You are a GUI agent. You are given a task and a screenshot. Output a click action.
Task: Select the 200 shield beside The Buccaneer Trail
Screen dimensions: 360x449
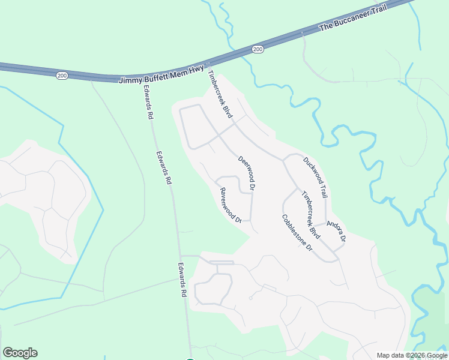(x=258, y=49)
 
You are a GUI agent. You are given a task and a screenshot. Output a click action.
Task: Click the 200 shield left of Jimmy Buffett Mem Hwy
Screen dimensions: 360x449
(x=62, y=75)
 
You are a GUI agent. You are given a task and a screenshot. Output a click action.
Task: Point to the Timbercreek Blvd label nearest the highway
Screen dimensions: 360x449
(x=219, y=94)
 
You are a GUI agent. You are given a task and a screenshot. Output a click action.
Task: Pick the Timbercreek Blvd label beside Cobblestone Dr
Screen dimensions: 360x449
(x=310, y=214)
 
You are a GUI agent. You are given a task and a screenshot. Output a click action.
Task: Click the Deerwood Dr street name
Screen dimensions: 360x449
(x=247, y=173)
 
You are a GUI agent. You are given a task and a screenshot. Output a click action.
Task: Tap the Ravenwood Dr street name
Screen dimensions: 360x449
(x=230, y=205)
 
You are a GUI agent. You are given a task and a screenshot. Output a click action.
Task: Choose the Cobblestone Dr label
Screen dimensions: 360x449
(x=298, y=232)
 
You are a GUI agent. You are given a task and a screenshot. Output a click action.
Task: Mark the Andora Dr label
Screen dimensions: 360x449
(x=336, y=230)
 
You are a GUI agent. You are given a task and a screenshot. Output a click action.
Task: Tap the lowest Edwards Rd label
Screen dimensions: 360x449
(x=182, y=280)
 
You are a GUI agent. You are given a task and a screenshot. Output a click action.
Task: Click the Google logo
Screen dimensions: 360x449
(x=20, y=353)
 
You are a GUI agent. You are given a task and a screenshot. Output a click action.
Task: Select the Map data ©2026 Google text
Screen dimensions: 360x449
(x=412, y=355)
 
